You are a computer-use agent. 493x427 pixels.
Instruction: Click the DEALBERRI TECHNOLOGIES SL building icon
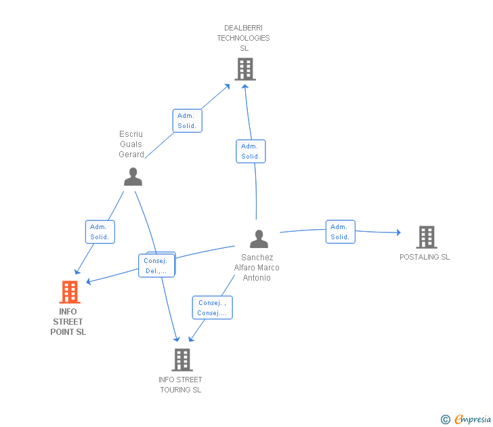244,68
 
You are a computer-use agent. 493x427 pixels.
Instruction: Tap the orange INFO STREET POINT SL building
69,292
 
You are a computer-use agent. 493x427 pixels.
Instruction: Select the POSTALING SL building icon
426,237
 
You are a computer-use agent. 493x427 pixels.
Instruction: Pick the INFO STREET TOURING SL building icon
181,360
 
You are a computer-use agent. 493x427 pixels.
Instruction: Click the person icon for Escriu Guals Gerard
133,177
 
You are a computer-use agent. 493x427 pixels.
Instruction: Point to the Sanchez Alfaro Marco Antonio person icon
259,239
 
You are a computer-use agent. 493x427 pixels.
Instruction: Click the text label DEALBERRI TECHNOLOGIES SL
243,38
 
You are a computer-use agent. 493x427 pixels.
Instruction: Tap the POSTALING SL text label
425,257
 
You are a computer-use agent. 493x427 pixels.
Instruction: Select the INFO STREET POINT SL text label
68,322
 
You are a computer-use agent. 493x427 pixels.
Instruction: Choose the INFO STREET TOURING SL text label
180,384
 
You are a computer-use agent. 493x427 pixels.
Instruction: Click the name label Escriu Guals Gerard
131,144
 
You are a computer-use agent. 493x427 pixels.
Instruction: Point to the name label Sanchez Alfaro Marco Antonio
257,268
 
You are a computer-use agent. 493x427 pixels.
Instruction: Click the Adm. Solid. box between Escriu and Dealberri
186,121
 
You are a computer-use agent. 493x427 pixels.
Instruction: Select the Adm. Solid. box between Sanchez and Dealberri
251,151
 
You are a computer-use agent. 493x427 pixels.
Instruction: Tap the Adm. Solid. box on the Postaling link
340,232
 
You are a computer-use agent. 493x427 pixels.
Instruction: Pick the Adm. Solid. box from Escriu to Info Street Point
100,232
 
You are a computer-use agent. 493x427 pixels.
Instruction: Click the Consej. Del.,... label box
156,265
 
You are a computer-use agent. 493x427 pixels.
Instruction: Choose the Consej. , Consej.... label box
212,308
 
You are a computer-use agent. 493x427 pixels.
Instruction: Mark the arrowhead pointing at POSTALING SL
398,233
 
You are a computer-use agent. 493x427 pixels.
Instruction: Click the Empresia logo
467,420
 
